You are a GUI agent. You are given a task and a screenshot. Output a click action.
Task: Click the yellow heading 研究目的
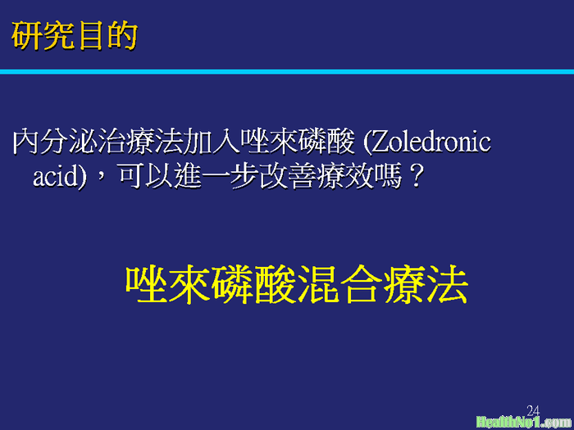tap(75, 35)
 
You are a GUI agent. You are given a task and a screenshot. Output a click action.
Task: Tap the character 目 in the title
tap(90, 36)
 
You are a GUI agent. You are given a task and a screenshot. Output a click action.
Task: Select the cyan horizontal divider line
tap(287, 72)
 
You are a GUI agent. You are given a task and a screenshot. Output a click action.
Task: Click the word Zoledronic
tap(431, 143)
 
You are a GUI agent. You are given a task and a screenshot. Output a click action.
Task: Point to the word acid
tap(54, 178)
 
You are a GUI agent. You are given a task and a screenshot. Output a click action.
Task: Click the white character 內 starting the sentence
tap(25, 143)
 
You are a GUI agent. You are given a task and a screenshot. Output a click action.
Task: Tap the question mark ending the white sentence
tap(416, 177)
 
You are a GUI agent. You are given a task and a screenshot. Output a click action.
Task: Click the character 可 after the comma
tap(131, 178)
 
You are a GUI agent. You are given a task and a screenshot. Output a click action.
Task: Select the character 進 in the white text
tap(188, 178)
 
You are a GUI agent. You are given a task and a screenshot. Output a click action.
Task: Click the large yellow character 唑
tap(147, 284)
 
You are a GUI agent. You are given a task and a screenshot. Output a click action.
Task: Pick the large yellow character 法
tap(447, 284)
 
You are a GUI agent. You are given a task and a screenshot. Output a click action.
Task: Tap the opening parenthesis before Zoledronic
tap(367, 143)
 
